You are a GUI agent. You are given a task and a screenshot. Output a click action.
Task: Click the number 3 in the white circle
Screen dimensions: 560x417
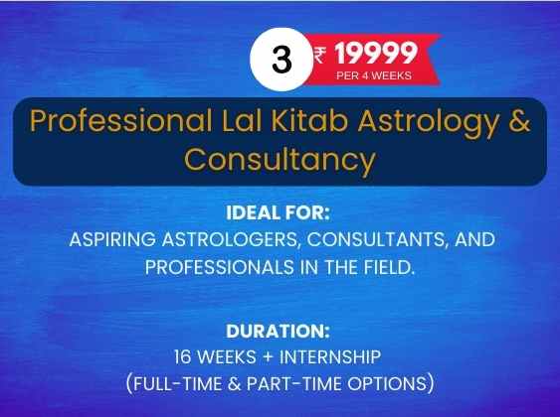[x=281, y=60]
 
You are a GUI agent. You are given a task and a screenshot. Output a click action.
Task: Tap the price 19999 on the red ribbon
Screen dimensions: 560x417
[x=376, y=53]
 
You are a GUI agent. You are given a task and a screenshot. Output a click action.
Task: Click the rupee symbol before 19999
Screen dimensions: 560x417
[x=319, y=56]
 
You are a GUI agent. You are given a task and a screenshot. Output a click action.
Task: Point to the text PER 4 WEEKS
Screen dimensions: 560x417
[x=374, y=75]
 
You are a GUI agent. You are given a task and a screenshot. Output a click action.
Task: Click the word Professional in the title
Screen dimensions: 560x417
[x=120, y=120]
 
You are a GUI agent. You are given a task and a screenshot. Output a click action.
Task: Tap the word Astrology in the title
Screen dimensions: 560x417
[x=429, y=123]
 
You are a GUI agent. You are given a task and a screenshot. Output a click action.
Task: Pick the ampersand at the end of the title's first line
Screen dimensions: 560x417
[x=519, y=120]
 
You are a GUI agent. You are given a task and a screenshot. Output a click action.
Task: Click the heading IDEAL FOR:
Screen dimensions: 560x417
[x=278, y=212]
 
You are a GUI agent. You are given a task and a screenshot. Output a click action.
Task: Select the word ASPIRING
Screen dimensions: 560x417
[x=112, y=239]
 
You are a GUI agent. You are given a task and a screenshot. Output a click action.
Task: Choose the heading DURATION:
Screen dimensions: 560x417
[x=278, y=331]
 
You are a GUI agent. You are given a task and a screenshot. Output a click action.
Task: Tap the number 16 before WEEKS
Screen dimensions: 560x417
[x=182, y=357]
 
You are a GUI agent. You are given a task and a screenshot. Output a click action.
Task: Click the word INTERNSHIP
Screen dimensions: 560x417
[x=330, y=357]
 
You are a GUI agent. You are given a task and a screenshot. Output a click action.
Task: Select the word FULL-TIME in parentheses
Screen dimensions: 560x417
[x=177, y=384]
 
